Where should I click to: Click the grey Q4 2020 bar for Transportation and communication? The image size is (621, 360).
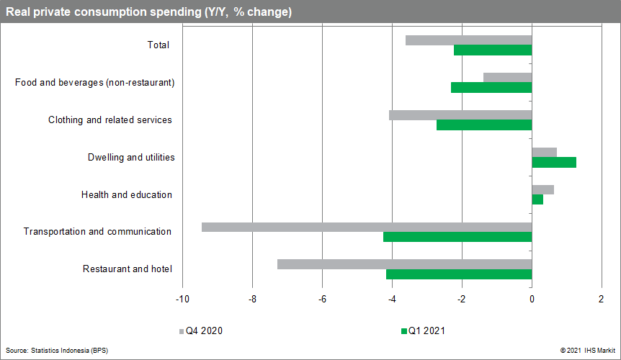[x=366, y=227]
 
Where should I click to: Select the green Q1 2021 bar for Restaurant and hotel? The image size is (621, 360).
[x=459, y=274]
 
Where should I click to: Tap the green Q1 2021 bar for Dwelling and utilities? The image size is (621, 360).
[x=554, y=162]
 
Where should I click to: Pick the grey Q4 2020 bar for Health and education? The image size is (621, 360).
[x=542, y=189]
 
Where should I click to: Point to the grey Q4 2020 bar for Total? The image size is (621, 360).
[x=468, y=40]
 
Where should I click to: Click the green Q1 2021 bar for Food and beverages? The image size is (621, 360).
[x=491, y=87]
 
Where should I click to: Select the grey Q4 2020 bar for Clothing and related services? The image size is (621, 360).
[x=460, y=115]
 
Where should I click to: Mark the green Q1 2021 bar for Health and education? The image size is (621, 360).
[x=537, y=199]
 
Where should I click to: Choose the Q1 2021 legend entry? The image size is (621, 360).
[x=423, y=331]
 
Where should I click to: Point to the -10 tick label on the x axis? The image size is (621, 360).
[x=182, y=300]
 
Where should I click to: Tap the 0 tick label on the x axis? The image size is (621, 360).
[x=532, y=300]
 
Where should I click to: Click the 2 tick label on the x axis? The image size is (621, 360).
[x=602, y=300]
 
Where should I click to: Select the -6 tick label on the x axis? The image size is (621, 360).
[x=322, y=300]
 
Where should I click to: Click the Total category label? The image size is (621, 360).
[x=158, y=45]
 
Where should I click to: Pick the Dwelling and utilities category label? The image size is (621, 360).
[x=131, y=157]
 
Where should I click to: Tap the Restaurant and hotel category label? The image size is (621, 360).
[x=128, y=269]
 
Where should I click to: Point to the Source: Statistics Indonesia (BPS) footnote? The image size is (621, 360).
[x=57, y=350]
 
